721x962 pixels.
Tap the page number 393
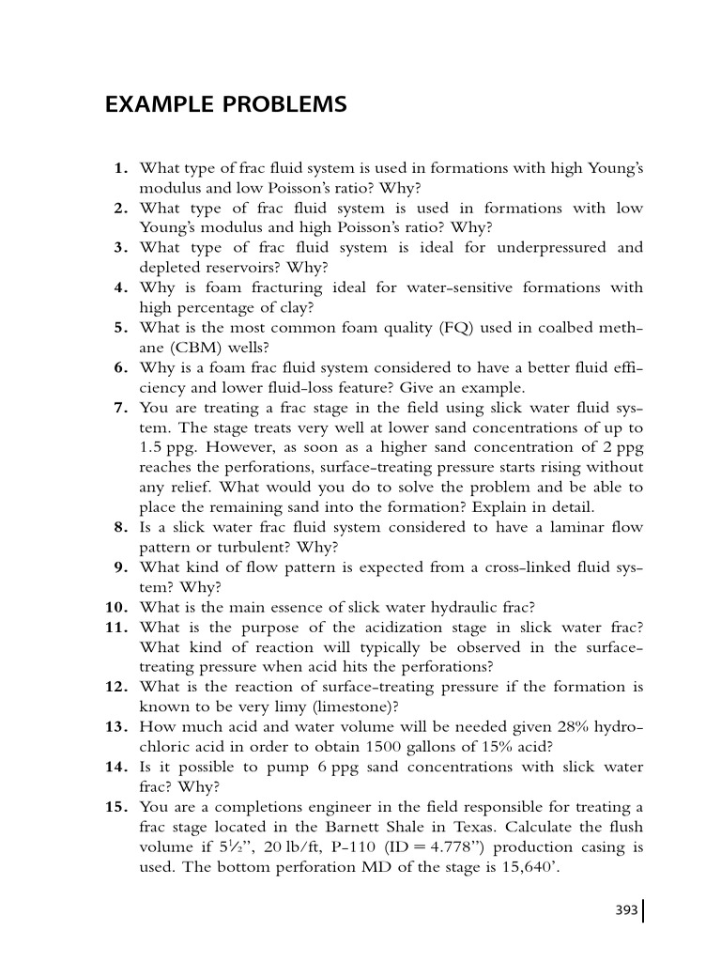pyautogui.click(x=626, y=909)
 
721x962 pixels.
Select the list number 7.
pyautogui.click(x=121, y=408)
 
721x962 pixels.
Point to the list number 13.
pyautogui.click(x=116, y=727)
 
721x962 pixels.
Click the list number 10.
pyautogui.click(x=116, y=607)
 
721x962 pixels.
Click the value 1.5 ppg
pyautogui.click(x=164, y=447)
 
